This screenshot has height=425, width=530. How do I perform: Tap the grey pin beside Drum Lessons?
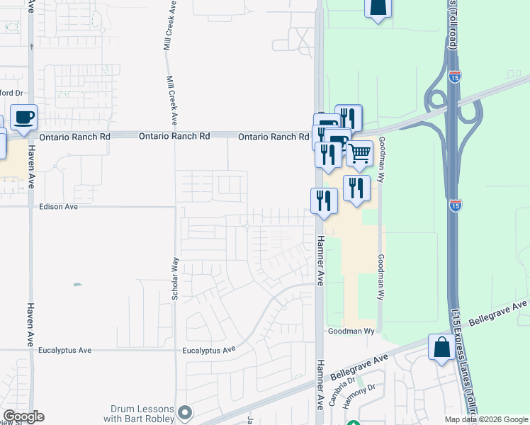[186, 412]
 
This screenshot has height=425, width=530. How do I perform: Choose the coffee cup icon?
[23, 117]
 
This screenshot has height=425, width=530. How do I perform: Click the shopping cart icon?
[360, 153]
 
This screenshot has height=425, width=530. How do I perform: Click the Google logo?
[23, 416]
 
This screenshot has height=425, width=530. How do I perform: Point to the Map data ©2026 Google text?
[485, 419]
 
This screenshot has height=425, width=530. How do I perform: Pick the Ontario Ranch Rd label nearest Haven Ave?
[76, 136]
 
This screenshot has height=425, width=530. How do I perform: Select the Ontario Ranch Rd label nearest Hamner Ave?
[274, 137]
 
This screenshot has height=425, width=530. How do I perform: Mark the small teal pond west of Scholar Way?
[77, 285]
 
